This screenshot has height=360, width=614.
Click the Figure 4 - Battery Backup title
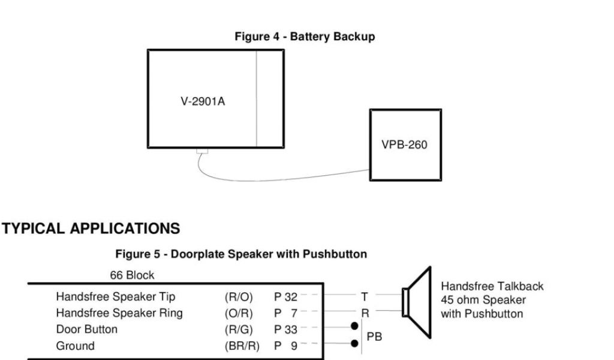pos(305,37)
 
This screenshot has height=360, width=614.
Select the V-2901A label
pos(203,101)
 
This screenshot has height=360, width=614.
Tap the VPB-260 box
pos(405,144)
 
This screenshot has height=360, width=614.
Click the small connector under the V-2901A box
pos(202,151)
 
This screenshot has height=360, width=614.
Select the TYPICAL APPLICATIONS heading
pos(91,229)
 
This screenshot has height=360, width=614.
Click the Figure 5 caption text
pos(241,254)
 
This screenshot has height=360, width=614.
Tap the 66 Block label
pos(132,275)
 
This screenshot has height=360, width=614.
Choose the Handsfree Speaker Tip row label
pos(116,296)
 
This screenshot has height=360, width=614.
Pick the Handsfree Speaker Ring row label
pos(119,313)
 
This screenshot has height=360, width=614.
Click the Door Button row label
pos(87,329)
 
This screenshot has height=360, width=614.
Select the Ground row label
pos(75,346)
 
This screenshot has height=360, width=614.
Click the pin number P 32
pos(285,296)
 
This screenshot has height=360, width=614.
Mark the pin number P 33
pos(285,329)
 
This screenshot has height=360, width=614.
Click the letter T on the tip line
pos(364,296)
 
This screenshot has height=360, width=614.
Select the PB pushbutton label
pos(374,337)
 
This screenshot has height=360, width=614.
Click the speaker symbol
pos(417,303)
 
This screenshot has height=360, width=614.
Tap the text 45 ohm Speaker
pos(483,300)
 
